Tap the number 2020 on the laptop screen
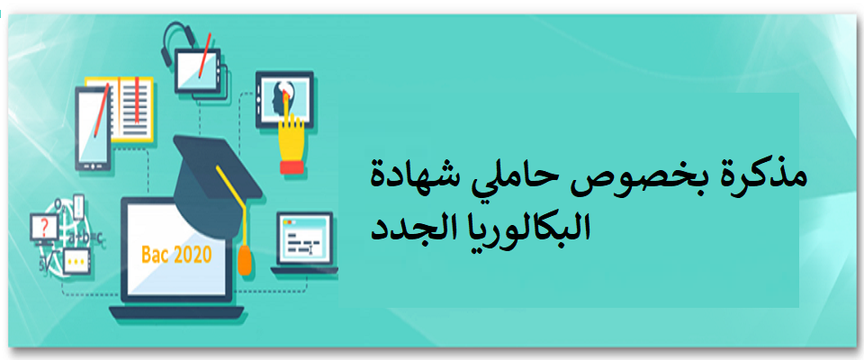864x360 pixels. pyautogui.click(x=192, y=255)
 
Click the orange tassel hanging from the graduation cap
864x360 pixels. pyautogui.click(x=244, y=260)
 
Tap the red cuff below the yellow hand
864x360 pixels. pyautogui.click(x=292, y=167)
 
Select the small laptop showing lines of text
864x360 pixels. pyautogui.click(x=304, y=243)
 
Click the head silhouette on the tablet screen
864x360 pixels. pyautogui.click(x=278, y=100)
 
